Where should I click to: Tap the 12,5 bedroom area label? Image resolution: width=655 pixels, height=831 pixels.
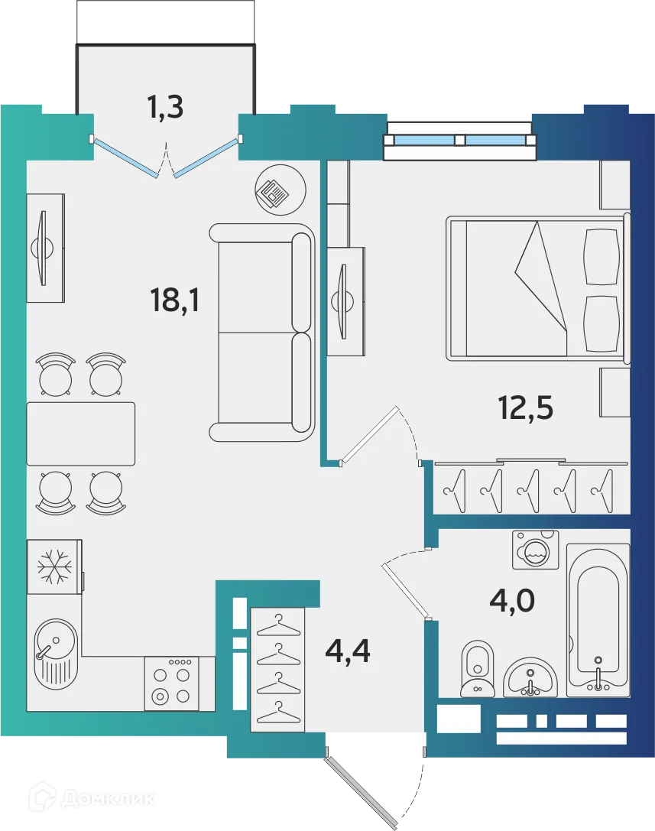click(525, 409)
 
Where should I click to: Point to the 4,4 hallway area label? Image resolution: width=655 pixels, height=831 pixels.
click(348, 651)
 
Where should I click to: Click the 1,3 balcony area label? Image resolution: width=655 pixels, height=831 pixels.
click(165, 108)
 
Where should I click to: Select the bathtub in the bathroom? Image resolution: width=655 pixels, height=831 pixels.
click(598, 622)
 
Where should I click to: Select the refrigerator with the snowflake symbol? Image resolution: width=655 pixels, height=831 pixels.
click(54, 566)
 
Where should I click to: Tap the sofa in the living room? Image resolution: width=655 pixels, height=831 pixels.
click(262, 333)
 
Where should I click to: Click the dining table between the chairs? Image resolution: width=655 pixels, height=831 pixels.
click(81, 433)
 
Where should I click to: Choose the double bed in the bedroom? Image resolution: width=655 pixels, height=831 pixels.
click(537, 288)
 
